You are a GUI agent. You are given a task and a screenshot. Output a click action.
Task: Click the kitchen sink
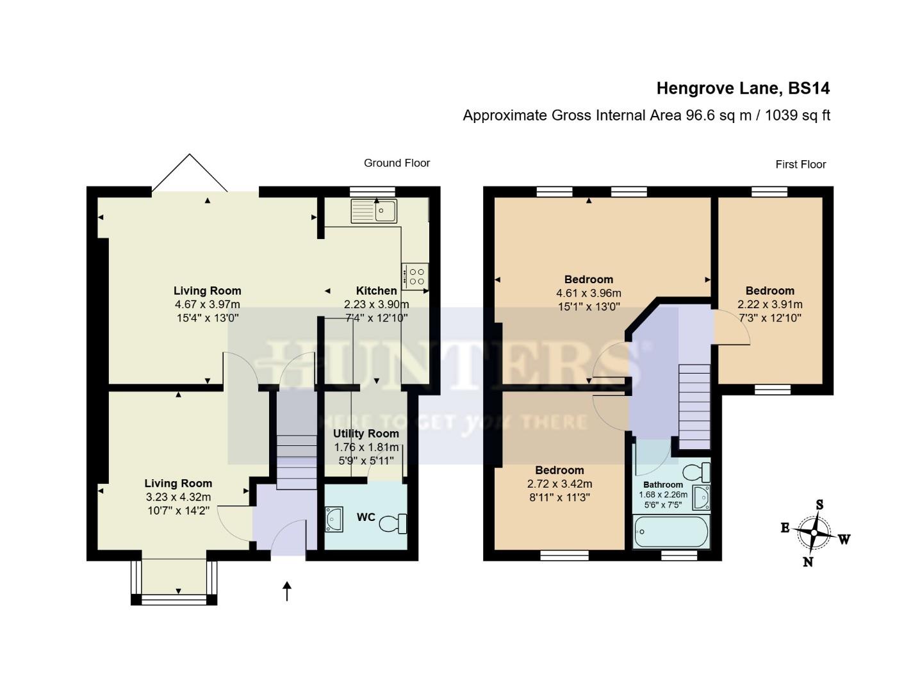coord(374,211)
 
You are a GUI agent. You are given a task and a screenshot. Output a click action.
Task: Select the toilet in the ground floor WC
coord(393,523)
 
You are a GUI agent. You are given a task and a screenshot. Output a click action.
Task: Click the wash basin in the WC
coord(334,519)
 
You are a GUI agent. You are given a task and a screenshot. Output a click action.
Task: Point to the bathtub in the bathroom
coord(671,533)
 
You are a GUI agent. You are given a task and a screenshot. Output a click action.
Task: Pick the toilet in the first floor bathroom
coord(696,473)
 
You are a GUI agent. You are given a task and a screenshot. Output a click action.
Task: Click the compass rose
coord(814,532)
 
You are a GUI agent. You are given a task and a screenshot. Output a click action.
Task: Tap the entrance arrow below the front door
coord(287,591)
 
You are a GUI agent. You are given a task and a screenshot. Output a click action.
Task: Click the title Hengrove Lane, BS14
coord(743,88)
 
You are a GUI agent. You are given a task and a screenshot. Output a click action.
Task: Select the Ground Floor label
coord(397,163)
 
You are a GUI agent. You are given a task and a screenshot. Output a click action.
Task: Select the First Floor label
coord(800,164)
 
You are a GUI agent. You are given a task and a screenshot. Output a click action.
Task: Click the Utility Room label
coord(366,434)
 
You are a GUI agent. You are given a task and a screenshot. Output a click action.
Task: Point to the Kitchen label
coord(376,291)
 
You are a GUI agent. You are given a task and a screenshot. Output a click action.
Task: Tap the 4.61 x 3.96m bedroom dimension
coord(588,293)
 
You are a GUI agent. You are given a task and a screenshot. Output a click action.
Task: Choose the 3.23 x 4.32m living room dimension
coord(178,497)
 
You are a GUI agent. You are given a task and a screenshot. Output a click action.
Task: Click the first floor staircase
coord(694,406)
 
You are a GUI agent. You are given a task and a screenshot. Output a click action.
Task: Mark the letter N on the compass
coord(808,562)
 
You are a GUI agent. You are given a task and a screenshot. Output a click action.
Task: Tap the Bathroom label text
coord(663,484)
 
